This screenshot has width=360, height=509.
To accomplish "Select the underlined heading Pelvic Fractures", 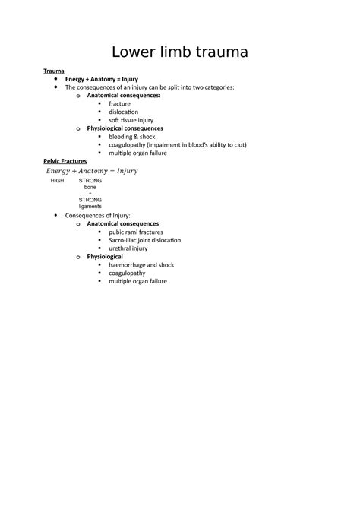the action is click(x=65, y=162).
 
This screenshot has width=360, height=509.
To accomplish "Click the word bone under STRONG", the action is click(x=90, y=188).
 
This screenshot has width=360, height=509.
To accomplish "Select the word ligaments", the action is click(x=90, y=206).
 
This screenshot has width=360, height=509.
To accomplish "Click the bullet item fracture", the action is click(x=119, y=103).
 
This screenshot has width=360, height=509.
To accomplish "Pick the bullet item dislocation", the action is click(x=124, y=112).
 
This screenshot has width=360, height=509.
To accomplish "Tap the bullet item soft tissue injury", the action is click(x=132, y=120).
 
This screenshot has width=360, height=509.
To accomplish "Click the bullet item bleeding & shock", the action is click(x=132, y=137).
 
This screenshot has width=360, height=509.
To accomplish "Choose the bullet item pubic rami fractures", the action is click(x=137, y=232).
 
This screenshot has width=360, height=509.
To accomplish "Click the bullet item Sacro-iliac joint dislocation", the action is click(x=145, y=240).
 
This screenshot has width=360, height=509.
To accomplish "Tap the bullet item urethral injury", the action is click(x=128, y=248).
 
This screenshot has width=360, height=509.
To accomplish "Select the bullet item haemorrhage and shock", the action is click(x=142, y=265).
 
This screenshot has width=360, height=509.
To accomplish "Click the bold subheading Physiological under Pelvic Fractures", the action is click(x=105, y=257).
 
